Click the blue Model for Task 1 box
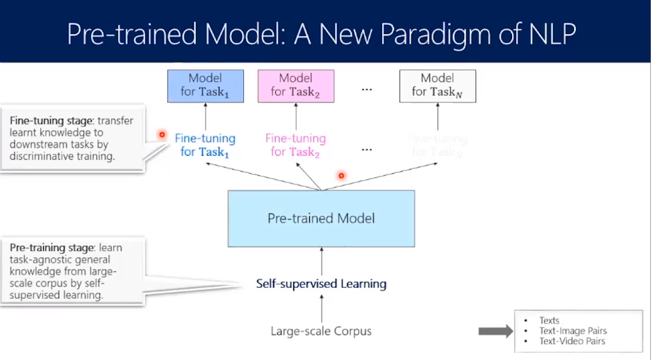click(206, 85)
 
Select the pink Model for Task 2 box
click(295, 85)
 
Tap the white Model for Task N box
click(437, 85)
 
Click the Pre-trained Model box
click(321, 218)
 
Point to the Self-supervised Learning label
click(321, 284)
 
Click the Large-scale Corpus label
click(321, 331)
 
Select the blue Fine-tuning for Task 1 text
click(205, 145)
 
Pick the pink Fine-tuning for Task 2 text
click(295, 145)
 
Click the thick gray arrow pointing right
click(495, 331)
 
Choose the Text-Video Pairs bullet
click(572, 341)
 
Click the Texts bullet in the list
click(549, 320)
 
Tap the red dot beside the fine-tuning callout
click(162, 134)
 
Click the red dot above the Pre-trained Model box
click(341, 176)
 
